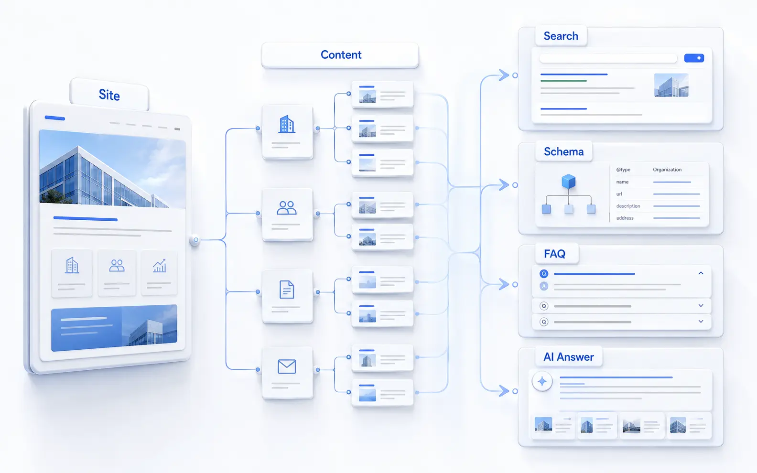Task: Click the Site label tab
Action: pyautogui.click(x=109, y=95)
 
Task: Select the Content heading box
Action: pyautogui.click(x=340, y=55)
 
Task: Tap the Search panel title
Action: pyautogui.click(x=561, y=36)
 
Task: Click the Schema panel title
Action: pyautogui.click(x=564, y=152)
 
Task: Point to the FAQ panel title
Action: pyautogui.click(x=554, y=254)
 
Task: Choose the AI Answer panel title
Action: pyautogui.click(x=568, y=357)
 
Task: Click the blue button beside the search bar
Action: pyautogui.click(x=694, y=58)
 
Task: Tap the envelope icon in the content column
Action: pyautogui.click(x=287, y=366)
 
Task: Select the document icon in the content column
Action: pyautogui.click(x=287, y=290)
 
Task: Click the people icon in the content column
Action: pyautogui.click(x=287, y=208)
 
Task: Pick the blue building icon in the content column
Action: pyautogui.click(x=287, y=124)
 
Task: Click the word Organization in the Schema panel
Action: pyautogui.click(x=667, y=170)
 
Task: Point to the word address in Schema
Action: pyautogui.click(x=625, y=218)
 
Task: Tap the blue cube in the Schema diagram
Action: pyautogui.click(x=568, y=182)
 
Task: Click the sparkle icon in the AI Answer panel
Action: pyautogui.click(x=542, y=381)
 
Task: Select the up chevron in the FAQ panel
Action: pyautogui.click(x=701, y=273)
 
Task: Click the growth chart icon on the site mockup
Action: pyautogui.click(x=160, y=266)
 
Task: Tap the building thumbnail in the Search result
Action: pyautogui.click(x=671, y=85)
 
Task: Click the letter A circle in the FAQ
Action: pyautogui.click(x=544, y=286)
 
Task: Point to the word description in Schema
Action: pyautogui.click(x=628, y=206)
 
